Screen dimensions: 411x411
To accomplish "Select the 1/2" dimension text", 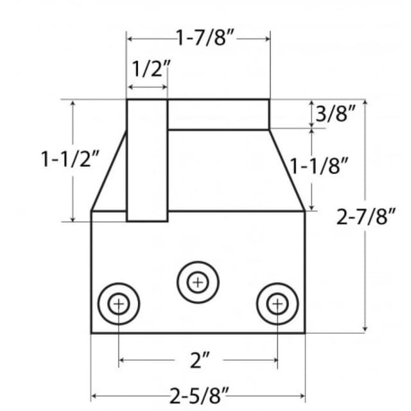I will coord(152,69).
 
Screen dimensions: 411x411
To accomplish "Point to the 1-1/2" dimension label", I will coord(71,159).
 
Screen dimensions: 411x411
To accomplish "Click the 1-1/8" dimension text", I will coord(319,166).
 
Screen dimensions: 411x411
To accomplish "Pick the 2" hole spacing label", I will coord(200,360).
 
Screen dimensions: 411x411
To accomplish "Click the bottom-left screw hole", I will coord(119,302).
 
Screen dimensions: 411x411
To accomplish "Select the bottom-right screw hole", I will coord(277,302).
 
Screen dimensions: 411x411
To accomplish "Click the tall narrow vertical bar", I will coord(147,160).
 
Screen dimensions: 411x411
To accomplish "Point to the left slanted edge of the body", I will coord(109,171).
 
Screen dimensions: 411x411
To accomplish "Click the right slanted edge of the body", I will coord(286,171).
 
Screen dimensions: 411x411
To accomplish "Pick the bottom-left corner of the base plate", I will coord(92,333).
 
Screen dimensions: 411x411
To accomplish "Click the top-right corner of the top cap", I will coord(268,100).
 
